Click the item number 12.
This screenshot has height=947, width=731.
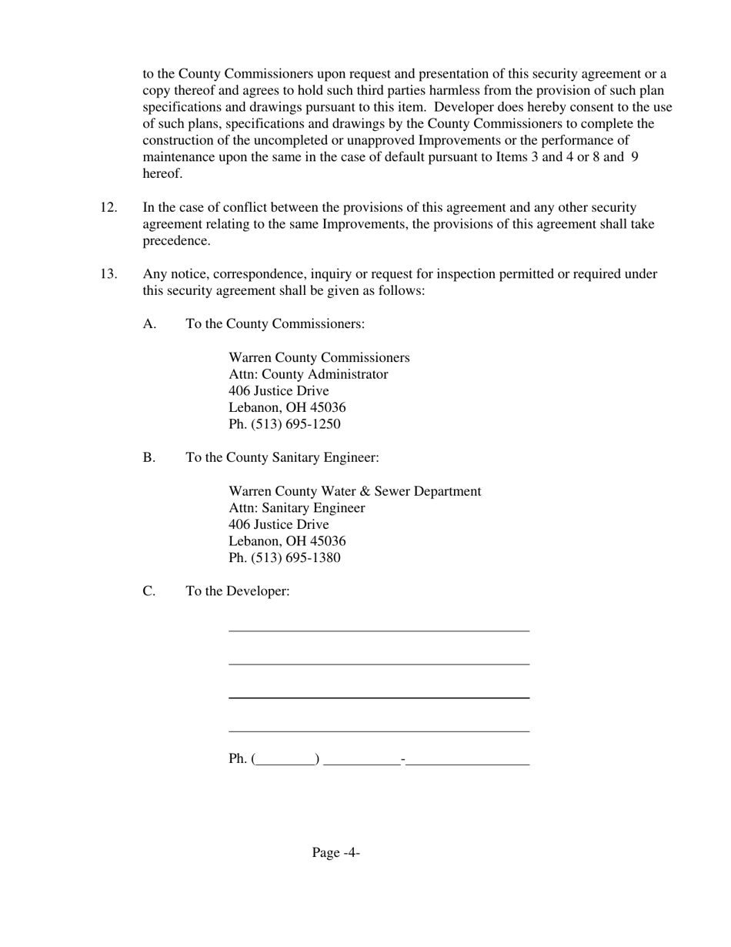tap(108, 208)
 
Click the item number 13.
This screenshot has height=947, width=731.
tap(108, 274)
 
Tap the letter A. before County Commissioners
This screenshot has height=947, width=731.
tap(149, 324)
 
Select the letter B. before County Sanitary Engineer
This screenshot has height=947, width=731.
tap(149, 458)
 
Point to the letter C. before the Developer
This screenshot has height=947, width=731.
tap(149, 591)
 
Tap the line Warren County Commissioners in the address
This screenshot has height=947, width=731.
tap(319, 358)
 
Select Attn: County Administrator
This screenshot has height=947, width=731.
tap(308, 375)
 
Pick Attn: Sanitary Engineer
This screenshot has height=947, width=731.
tap(296, 508)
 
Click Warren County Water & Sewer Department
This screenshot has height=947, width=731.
tap(355, 491)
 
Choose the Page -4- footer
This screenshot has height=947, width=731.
tap(336, 852)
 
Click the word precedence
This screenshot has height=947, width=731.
tap(176, 241)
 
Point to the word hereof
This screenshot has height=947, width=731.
tap(162, 174)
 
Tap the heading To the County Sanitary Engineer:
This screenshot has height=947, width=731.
tap(282, 458)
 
